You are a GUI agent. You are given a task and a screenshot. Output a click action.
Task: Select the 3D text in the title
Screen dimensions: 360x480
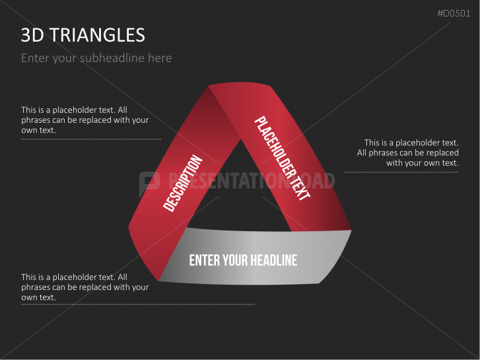point(32,35)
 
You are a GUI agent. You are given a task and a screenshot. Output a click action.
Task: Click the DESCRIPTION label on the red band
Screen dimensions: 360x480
point(182,184)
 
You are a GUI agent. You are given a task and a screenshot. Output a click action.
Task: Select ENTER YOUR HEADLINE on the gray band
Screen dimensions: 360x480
point(243,260)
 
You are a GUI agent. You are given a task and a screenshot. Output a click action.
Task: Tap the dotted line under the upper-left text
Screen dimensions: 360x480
point(90,139)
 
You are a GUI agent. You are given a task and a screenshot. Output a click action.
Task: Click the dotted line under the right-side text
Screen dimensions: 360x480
point(401,172)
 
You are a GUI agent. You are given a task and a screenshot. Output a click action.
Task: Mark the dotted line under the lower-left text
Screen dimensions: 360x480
point(137,305)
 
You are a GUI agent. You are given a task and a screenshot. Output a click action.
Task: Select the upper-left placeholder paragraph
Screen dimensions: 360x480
point(85,120)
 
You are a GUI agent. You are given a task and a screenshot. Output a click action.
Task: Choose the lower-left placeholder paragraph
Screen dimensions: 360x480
point(85,287)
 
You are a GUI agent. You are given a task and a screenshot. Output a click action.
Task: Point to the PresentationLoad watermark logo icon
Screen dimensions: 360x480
point(149,182)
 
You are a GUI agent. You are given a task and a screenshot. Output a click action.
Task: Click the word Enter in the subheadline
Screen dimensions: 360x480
point(34,58)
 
